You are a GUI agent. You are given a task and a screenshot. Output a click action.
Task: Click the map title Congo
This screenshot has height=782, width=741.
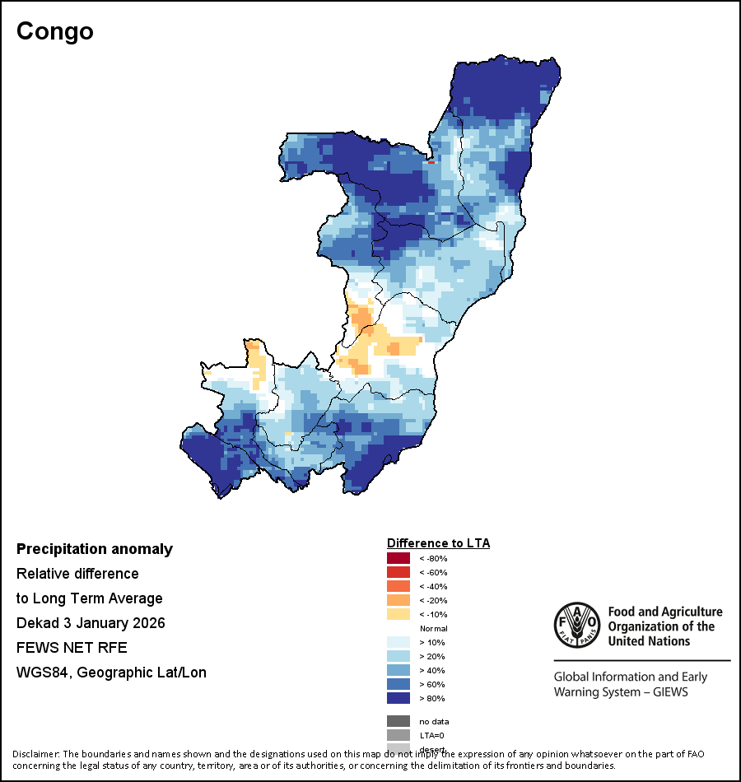[55, 31]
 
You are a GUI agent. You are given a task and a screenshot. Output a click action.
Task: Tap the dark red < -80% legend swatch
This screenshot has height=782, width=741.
[398, 559]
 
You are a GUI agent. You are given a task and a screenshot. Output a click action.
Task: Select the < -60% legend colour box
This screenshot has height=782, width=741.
[398, 573]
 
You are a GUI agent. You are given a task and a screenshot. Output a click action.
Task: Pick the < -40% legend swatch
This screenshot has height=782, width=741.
[398, 587]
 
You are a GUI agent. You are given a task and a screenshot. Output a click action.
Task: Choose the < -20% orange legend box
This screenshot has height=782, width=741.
[398, 601]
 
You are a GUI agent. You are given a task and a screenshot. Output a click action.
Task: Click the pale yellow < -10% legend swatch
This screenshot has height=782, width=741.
[398, 615]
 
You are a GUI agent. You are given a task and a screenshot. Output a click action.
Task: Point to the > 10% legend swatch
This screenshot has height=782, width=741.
[398, 643]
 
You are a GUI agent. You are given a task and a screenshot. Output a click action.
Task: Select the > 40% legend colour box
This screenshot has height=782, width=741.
[398, 671]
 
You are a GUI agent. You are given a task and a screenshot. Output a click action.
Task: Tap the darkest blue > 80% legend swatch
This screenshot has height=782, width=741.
[398, 699]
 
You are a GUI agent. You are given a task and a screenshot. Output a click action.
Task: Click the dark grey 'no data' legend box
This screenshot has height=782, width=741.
[398, 721]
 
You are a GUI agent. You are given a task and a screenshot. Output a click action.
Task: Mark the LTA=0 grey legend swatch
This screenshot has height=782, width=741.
[398, 735]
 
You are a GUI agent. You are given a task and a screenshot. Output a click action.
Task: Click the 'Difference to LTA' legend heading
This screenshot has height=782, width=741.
[438, 543]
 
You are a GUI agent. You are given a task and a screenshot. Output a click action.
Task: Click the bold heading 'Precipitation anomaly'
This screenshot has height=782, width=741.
[95, 549]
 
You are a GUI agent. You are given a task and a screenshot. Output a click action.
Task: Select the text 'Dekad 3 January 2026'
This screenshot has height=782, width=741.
[91, 623]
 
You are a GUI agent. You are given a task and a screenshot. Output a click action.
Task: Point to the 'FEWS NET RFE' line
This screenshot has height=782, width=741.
[72, 648]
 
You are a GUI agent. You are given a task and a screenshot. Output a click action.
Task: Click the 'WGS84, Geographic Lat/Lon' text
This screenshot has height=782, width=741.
[111, 673]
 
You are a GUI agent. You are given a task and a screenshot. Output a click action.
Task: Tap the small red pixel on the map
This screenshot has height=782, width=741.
[431, 162]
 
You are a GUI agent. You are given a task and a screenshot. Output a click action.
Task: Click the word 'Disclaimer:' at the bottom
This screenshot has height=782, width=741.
[35, 754]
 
